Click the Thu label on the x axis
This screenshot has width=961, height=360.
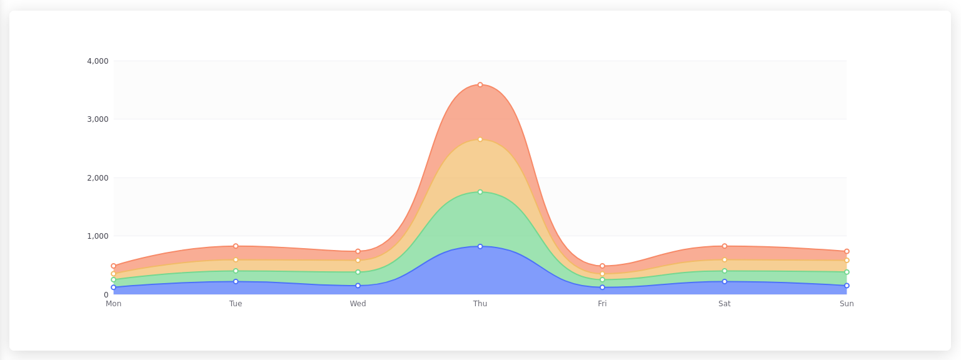480,304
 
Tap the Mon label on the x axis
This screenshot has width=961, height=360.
113,304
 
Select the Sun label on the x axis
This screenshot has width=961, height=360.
847,304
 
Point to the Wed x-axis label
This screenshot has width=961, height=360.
358,304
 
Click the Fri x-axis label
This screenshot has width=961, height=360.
602,304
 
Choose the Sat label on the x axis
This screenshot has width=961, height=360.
724,304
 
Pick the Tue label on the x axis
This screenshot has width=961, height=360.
236,304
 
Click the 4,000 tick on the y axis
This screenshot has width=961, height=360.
98,61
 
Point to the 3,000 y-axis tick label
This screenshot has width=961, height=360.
98,119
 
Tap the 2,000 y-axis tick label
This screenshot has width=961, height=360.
98,178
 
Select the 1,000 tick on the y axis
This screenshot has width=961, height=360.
98,236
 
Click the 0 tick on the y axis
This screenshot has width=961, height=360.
106,294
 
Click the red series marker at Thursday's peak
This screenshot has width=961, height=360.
480,84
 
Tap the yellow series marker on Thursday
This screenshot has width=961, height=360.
480,139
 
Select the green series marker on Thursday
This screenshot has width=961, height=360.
480,192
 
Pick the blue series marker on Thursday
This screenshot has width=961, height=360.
480,246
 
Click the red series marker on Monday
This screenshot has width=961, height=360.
113,266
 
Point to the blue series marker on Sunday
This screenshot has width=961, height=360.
847,286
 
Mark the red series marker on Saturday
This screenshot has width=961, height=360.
725,246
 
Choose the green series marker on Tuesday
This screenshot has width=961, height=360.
236,271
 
